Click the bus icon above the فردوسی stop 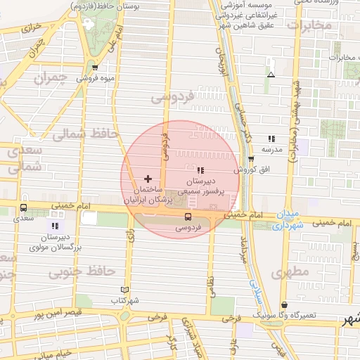tap(187, 217)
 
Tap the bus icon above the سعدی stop tap(25, 207)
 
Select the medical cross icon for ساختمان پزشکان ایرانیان tap(148, 179)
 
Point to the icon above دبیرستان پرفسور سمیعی tap(200, 169)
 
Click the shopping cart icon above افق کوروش tap(251, 160)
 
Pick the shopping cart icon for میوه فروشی tap(95, 67)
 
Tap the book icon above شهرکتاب tap(125, 290)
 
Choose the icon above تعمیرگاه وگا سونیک tap(284, 304)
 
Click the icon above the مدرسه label tap(271, 139)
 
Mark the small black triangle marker tap(271, 74)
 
